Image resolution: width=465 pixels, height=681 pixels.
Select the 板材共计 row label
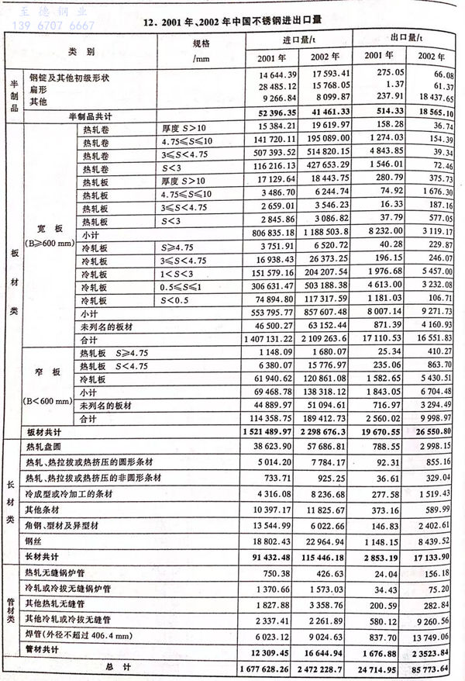(43, 431)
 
